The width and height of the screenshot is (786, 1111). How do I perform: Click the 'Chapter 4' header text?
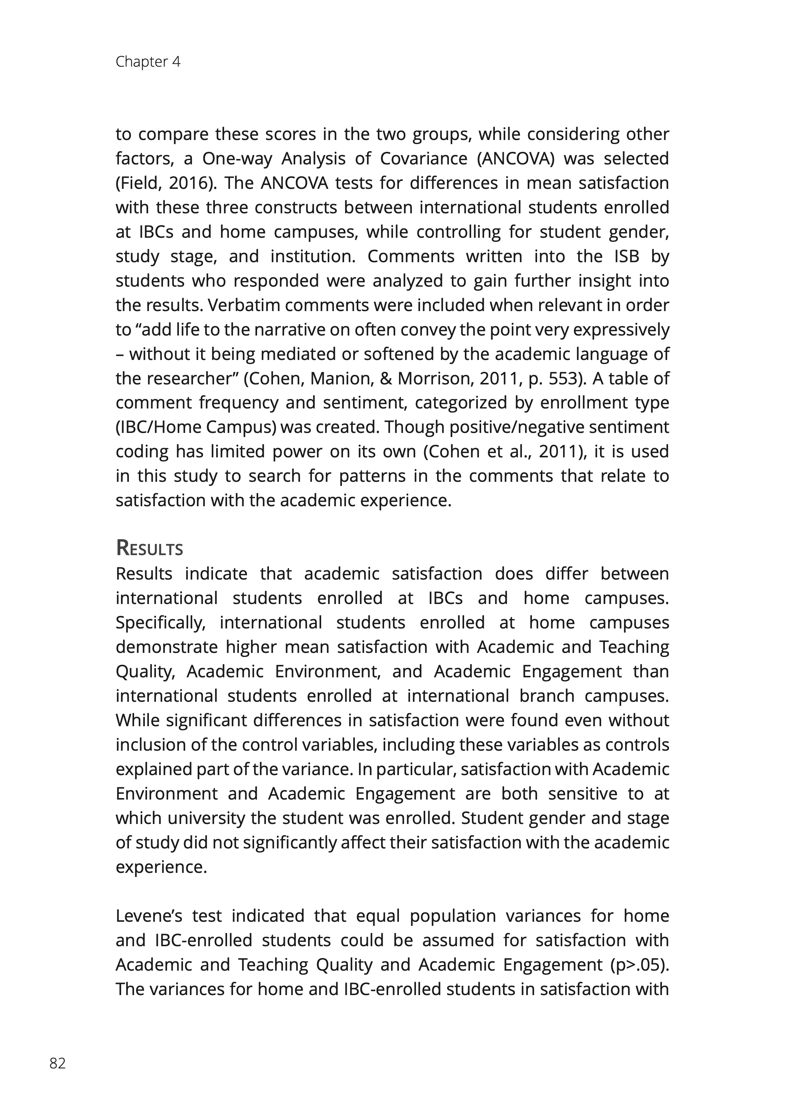pos(148,62)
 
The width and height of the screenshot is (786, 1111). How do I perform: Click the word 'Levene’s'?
pos(147,916)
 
